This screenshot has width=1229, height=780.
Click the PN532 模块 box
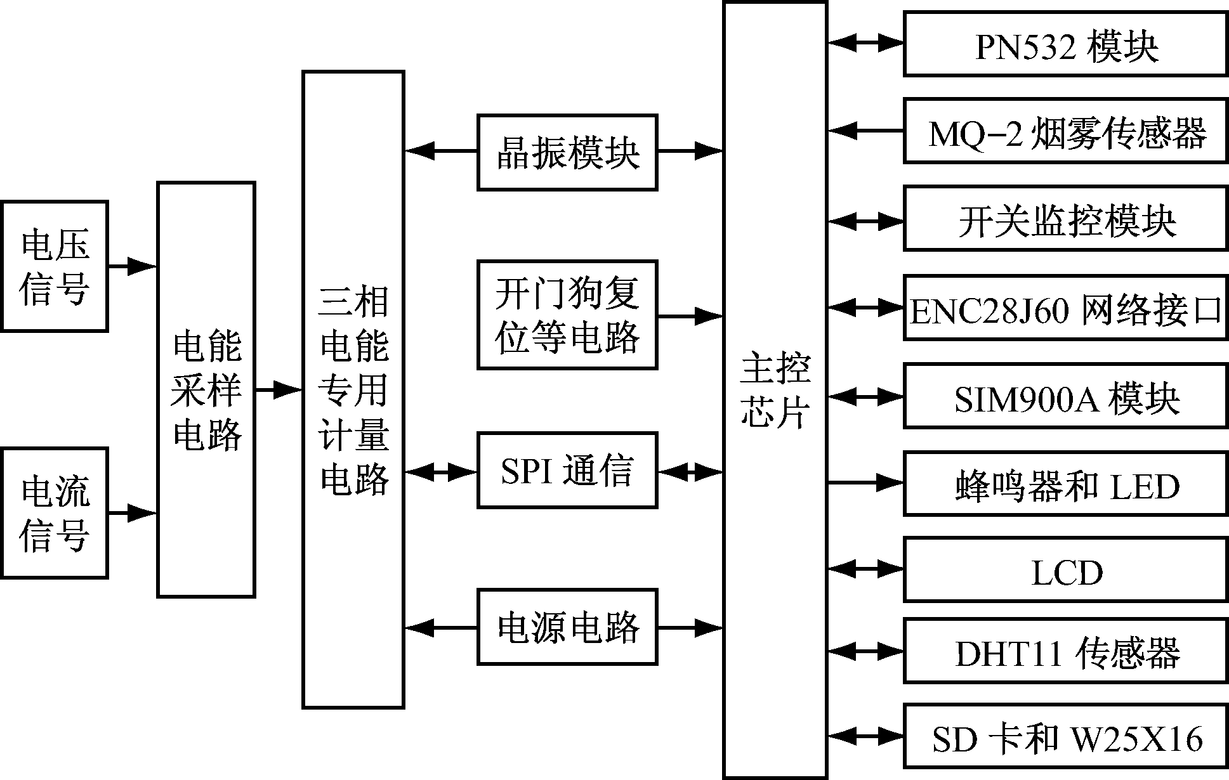(x=1065, y=44)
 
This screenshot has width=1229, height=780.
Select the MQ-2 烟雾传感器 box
(x=1065, y=131)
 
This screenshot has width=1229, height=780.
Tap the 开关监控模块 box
(x=1065, y=219)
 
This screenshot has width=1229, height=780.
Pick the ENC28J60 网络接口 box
(x=1065, y=308)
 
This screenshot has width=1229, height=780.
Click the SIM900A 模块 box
(x=1065, y=396)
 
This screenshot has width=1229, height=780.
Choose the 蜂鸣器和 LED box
(x=1065, y=484)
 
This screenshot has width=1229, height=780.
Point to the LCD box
(x=1065, y=570)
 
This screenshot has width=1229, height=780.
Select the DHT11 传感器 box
(x=1065, y=651)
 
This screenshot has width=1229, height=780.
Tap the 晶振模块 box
(x=567, y=152)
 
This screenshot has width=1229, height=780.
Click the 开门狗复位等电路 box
(x=567, y=315)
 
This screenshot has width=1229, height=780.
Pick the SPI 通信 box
(x=567, y=471)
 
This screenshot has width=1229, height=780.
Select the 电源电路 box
(x=567, y=627)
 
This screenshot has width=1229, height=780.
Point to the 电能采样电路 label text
(x=206, y=390)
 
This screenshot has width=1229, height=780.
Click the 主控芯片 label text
(x=775, y=390)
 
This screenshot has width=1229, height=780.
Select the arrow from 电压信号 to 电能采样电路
(x=132, y=266)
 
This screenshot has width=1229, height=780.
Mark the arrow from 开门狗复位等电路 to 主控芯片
(x=690, y=315)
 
